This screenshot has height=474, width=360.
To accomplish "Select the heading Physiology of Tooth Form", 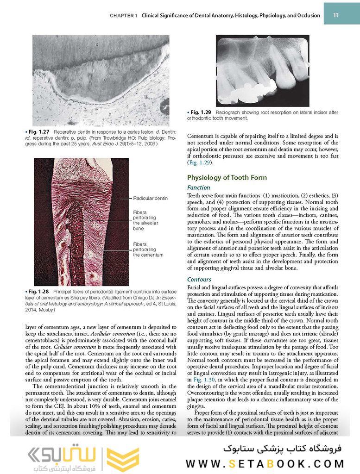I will (227, 177).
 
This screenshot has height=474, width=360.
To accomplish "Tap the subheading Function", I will (198, 187).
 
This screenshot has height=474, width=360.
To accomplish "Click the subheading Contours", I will (199, 279).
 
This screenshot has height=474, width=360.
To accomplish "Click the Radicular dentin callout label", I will (150, 198).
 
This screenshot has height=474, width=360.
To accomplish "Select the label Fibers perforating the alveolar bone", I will (145, 220).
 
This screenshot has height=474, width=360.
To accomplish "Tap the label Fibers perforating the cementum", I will (148, 249).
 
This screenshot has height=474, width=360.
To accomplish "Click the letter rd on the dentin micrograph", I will (105, 80).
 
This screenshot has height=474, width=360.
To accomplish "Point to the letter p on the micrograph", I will (110, 113).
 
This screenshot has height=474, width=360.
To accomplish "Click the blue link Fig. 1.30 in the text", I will (204, 379).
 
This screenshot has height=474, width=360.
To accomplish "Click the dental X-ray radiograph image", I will (262, 70).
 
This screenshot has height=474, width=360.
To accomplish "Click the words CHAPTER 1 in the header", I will (123, 15).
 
